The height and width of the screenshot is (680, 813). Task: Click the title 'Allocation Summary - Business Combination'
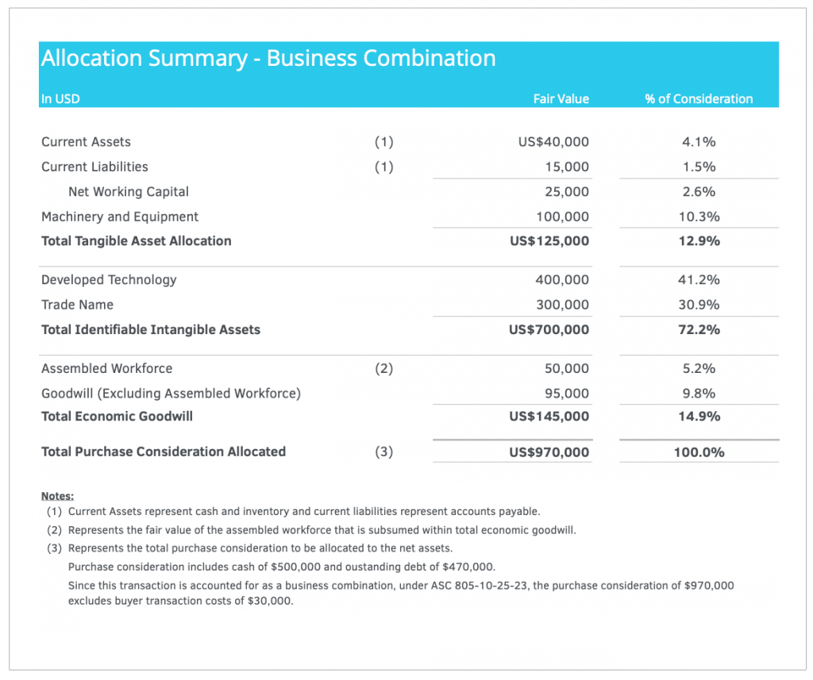268,59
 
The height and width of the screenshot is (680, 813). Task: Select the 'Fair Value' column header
561,99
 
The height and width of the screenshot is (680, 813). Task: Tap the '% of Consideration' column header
699,99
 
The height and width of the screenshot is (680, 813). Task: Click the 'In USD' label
60,99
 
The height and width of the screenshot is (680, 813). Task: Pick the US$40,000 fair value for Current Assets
553,142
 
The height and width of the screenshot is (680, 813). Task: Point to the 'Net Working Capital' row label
129,192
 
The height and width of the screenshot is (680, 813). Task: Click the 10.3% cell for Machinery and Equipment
699,217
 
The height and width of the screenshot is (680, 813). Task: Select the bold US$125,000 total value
549,241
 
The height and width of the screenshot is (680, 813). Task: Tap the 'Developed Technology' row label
109,280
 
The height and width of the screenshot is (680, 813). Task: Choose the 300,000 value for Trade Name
563,305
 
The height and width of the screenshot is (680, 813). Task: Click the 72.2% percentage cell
699,329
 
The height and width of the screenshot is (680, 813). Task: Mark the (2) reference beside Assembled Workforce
384,368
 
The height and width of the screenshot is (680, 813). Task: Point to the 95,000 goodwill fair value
567,394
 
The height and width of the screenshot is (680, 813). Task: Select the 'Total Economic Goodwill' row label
118,417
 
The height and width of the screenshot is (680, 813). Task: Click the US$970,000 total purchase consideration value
549,452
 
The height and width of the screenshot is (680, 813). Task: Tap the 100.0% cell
699,452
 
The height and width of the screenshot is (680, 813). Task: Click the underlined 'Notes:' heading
57,496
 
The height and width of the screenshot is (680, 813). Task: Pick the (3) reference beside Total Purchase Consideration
384,452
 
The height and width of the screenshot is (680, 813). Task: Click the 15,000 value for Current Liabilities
567,167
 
